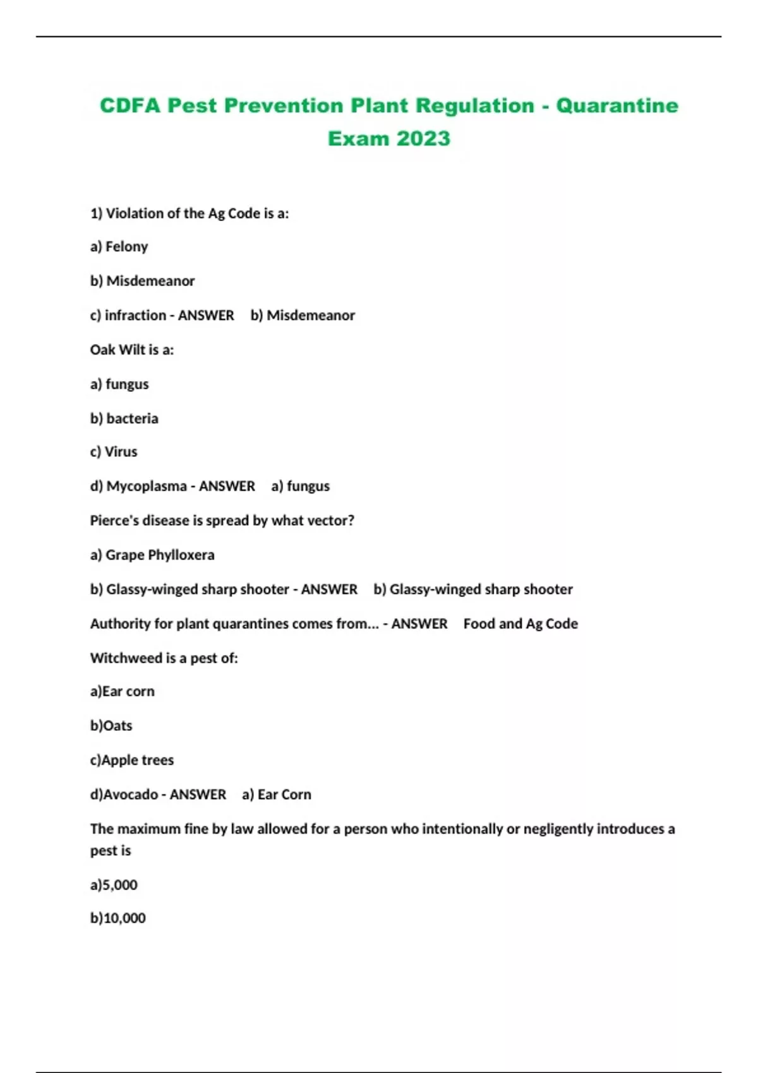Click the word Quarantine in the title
617,105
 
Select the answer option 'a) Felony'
119,246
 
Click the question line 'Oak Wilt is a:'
132,349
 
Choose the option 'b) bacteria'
124,418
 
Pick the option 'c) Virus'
114,451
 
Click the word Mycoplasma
147,486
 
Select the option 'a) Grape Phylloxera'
152,554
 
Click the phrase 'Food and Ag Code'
520,624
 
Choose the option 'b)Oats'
111,725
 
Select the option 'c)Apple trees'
132,760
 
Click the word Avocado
131,794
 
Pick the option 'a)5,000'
114,884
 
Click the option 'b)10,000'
118,918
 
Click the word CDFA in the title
130,105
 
